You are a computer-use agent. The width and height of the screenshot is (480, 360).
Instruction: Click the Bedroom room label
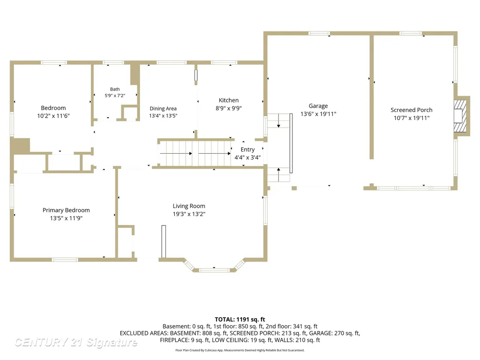click(53, 108)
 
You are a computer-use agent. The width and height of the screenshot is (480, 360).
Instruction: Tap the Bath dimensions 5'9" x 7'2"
click(115, 96)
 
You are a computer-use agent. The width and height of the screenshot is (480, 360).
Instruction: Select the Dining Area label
click(163, 108)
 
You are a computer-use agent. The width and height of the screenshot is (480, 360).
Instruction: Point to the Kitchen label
click(229, 100)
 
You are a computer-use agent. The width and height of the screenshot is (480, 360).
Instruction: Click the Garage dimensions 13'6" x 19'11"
click(318, 114)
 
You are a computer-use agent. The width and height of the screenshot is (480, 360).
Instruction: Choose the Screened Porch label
click(412, 110)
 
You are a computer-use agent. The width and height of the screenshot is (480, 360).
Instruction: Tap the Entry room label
click(247, 150)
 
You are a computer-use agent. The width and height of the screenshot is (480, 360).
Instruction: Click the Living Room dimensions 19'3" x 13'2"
click(189, 214)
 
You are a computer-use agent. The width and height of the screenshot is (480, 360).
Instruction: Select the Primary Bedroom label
click(66, 210)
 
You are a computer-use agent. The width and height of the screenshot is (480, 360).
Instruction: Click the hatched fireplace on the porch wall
click(460, 116)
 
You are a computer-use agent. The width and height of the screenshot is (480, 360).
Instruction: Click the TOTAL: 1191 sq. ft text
click(240, 320)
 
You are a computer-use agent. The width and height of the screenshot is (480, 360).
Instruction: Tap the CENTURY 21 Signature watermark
click(76, 342)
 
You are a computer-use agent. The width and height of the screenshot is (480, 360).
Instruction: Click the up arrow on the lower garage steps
click(278, 174)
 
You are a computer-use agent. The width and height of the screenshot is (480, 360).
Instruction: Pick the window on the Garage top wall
click(319, 33)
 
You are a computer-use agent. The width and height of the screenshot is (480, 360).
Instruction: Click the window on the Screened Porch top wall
click(411, 33)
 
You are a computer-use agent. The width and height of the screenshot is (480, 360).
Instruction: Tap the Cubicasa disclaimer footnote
click(240, 350)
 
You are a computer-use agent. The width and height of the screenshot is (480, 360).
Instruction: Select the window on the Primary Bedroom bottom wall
click(65, 260)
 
